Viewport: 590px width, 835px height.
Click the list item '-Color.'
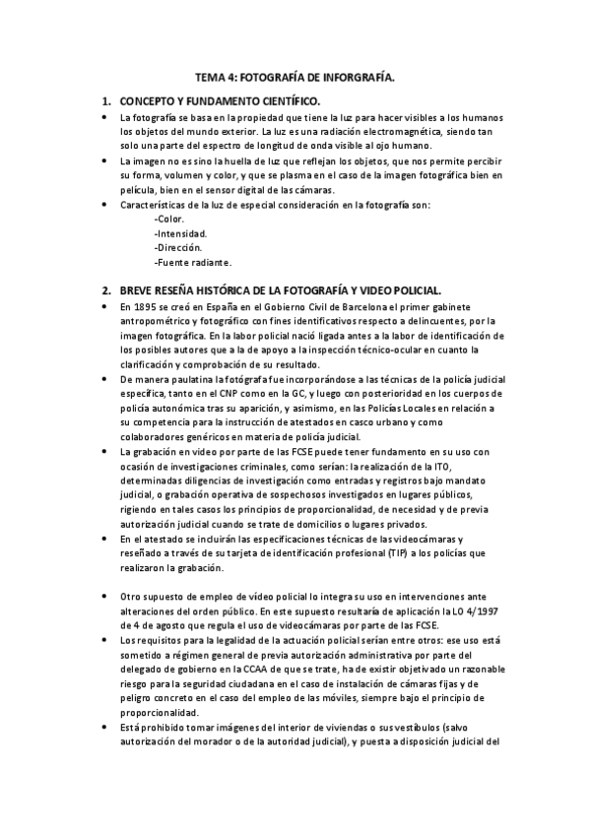pyautogui.click(x=170, y=219)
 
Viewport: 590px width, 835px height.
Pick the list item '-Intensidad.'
pyautogui.click(x=180, y=233)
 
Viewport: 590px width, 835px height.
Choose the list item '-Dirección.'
pyautogui.click(x=178, y=248)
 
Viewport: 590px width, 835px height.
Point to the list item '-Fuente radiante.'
pyautogui.click(x=193, y=263)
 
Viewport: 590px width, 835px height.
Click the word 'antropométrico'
pyautogui.click(x=156, y=321)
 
